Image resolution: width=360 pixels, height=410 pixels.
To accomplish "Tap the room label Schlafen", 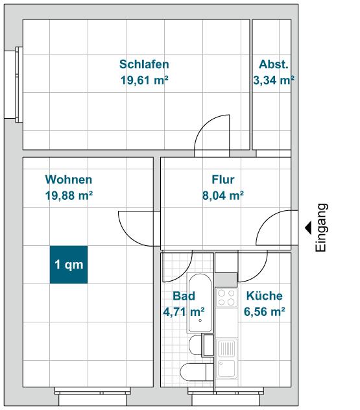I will pos(144,64).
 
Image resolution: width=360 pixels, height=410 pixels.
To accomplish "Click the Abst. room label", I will pos(273,64).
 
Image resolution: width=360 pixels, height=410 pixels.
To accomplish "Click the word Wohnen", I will pos(68,180).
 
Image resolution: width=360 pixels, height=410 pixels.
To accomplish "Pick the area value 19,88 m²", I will pos(68,195).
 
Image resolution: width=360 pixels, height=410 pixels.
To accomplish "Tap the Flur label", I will pos(222,180).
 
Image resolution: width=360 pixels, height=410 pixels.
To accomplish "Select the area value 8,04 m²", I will pos(222,195).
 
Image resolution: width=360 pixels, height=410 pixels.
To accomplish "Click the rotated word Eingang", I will pos(321,227).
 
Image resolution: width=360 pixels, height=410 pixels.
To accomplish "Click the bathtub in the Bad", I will pos(199,302).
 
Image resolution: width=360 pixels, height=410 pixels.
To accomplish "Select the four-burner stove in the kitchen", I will pos(226,298).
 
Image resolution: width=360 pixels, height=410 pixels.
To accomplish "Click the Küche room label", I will pos(265,296).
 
